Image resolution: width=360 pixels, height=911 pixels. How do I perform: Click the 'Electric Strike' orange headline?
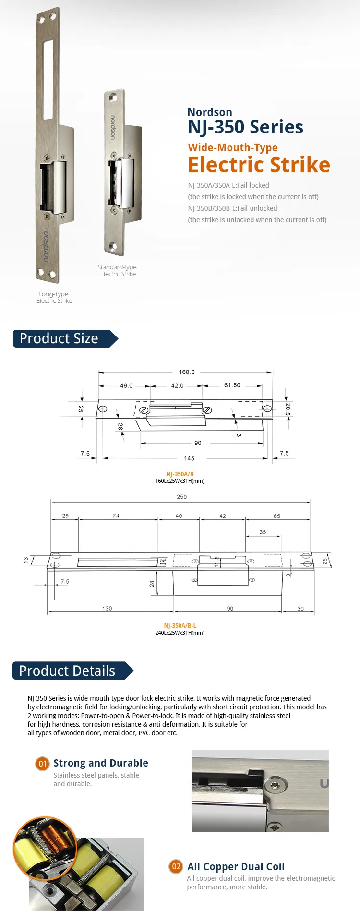click(x=259, y=165)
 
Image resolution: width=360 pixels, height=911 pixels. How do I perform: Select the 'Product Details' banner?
click(x=67, y=671)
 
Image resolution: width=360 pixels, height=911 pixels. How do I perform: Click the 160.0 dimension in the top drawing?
click(x=187, y=372)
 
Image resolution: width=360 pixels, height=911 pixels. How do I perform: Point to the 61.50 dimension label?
click(x=232, y=385)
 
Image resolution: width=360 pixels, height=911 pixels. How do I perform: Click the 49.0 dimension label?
click(x=126, y=385)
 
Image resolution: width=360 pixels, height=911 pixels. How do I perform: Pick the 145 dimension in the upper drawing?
click(x=189, y=458)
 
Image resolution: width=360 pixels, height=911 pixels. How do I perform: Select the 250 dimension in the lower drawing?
click(x=181, y=497)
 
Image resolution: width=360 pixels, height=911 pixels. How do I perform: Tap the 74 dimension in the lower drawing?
click(x=116, y=515)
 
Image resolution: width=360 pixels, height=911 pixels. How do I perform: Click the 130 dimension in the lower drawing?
click(x=107, y=608)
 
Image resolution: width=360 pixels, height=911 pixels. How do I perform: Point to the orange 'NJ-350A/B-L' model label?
click(x=180, y=626)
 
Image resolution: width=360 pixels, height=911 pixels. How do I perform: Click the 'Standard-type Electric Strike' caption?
click(x=118, y=271)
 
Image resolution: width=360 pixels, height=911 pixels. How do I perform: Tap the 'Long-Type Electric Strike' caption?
click(x=54, y=298)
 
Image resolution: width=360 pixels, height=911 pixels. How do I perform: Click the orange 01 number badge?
click(x=43, y=763)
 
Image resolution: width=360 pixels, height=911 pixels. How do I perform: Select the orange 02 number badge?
click(x=176, y=866)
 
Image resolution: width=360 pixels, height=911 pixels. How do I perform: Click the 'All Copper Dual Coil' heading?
click(x=236, y=866)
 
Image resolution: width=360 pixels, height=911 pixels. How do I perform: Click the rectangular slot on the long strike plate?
click(x=48, y=79)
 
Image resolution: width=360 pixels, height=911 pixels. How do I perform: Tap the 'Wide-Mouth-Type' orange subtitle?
click(x=233, y=147)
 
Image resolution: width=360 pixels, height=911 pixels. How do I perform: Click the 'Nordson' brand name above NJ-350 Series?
click(x=210, y=112)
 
